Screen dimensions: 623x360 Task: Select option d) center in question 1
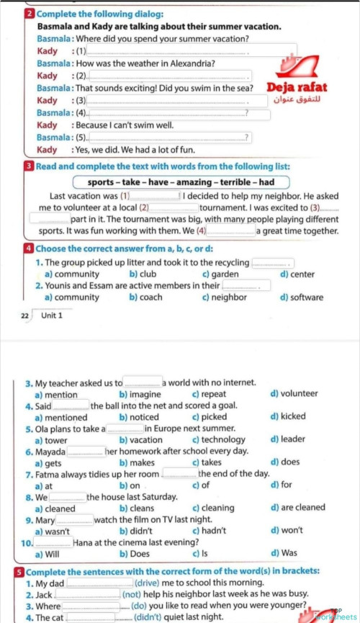click(x=297, y=274)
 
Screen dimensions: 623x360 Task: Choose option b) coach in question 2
click(x=145, y=297)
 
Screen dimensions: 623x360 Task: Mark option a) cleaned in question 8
click(x=54, y=507)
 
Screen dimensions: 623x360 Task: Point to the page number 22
click(x=25, y=315)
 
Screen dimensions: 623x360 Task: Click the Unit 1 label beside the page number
click(x=52, y=315)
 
